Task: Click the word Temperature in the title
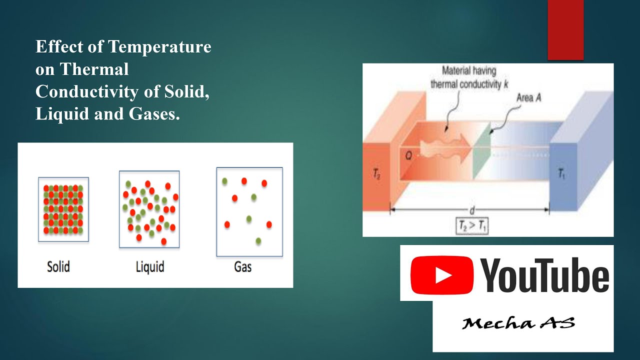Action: click(x=159, y=47)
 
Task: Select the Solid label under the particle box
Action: click(x=58, y=266)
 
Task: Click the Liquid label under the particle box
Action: click(x=150, y=266)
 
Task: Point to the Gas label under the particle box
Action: click(x=242, y=266)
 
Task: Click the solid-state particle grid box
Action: click(x=63, y=209)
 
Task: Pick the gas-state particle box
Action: click(x=249, y=211)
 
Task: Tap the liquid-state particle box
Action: click(x=149, y=209)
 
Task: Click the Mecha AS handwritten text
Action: click(x=518, y=323)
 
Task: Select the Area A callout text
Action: click(x=528, y=98)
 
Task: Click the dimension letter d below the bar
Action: click(x=471, y=210)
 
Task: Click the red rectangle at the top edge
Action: click(x=565, y=30)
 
